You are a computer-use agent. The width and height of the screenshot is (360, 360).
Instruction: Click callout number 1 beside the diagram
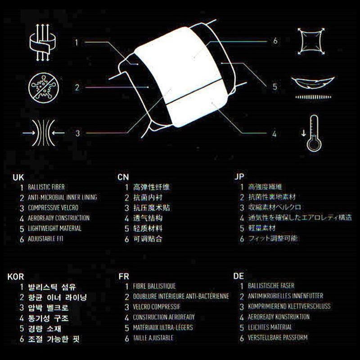click(x=77, y=43)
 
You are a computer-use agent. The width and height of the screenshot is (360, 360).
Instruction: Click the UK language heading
click(x=18, y=177)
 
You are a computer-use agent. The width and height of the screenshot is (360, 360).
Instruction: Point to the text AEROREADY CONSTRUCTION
click(x=58, y=218)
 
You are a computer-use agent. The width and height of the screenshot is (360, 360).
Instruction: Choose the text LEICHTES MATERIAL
click(x=270, y=327)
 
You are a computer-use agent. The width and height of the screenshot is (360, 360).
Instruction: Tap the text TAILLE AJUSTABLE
click(x=153, y=337)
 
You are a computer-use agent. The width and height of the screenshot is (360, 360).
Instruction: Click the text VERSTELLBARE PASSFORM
click(x=278, y=337)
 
